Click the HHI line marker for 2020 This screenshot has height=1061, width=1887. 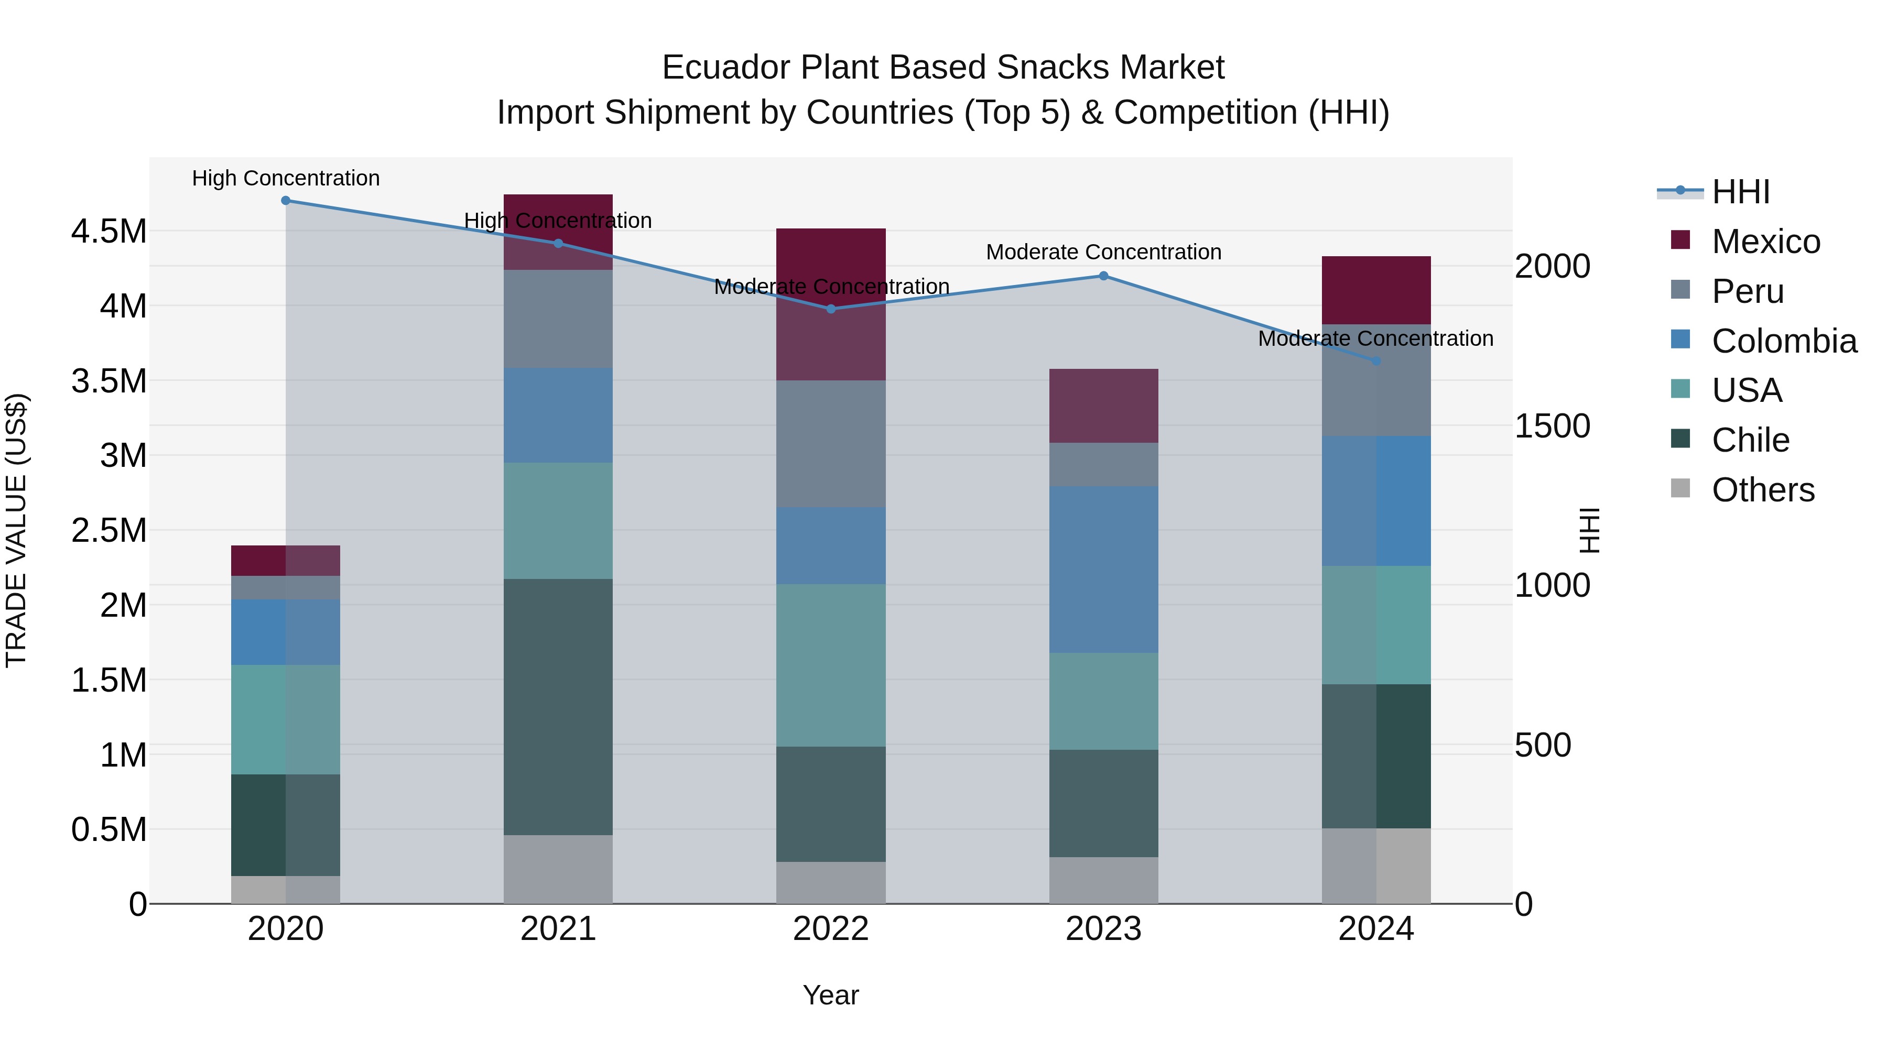tap(286, 201)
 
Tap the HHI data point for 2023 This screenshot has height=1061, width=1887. tap(1103, 276)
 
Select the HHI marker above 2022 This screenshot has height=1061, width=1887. tap(831, 309)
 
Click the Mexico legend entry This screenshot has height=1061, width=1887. tap(1765, 242)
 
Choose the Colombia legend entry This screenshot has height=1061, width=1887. tap(1784, 341)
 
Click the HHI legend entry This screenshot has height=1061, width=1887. tap(1740, 192)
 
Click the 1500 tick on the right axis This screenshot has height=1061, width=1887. tap(1552, 426)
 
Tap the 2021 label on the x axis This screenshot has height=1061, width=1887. tap(558, 929)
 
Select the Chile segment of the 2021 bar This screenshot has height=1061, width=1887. tap(558, 707)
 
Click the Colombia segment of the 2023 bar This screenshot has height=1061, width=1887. tap(1103, 569)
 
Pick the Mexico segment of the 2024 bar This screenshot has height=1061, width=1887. tap(1376, 290)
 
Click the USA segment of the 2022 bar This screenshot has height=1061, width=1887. tap(831, 665)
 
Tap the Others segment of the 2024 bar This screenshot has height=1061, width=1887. tap(1376, 866)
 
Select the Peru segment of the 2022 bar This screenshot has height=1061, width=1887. tap(831, 444)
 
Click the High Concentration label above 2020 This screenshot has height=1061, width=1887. tap(286, 179)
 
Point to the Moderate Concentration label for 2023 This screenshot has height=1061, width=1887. tap(1103, 252)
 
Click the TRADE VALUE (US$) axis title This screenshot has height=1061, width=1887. tap(16, 530)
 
